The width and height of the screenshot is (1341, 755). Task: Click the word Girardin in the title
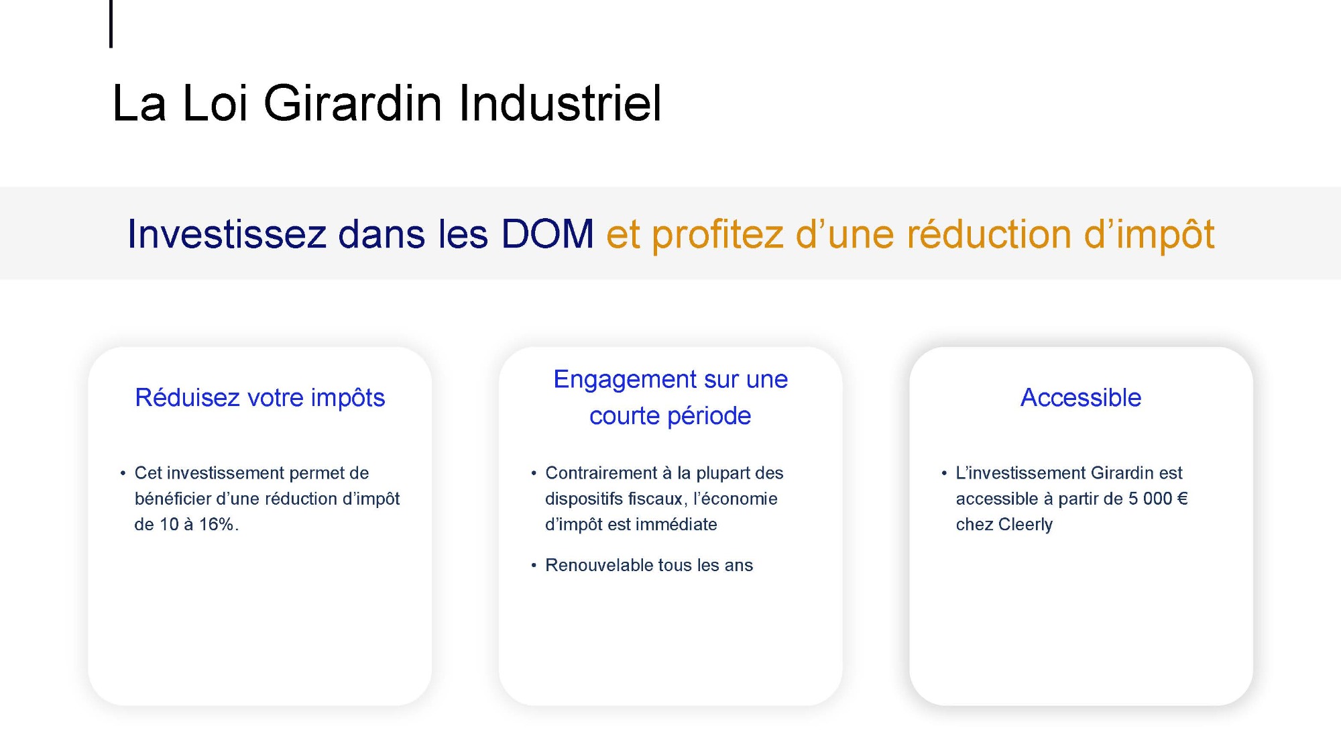click(353, 103)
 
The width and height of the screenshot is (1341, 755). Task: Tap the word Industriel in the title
click(561, 103)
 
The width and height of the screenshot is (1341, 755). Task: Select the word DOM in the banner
click(547, 234)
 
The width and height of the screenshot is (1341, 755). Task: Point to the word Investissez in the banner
click(227, 234)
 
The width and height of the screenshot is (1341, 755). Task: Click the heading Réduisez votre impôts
click(260, 398)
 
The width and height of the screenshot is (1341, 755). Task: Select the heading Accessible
click(1081, 397)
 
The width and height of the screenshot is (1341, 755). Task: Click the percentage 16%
click(217, 524)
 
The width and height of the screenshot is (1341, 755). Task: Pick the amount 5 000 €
click(1158, 499)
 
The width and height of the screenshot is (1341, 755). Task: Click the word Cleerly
click(1024, 525)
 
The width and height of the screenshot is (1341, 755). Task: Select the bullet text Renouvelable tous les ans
click(649, 565)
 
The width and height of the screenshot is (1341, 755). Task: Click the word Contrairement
click(601, 473)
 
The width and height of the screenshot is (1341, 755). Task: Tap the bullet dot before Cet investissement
click(123, 474)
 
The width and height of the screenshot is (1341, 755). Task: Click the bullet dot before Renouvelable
click(534, 566)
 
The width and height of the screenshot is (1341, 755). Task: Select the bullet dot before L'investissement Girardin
click(944, 474)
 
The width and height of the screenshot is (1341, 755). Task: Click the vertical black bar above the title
click(111, 23)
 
